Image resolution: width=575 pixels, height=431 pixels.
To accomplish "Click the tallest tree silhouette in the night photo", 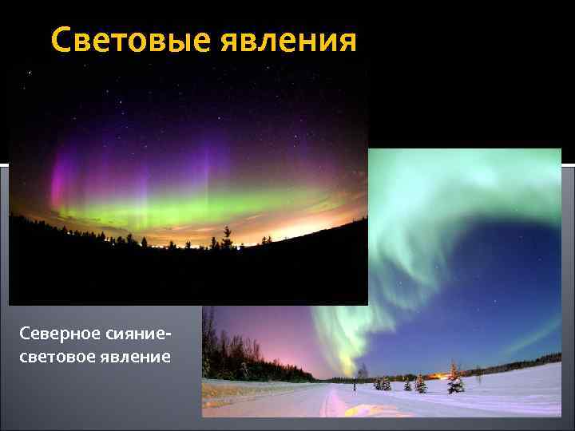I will (x=227, y=236).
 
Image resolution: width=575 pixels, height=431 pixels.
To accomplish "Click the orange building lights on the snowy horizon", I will (x=438, y=374).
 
